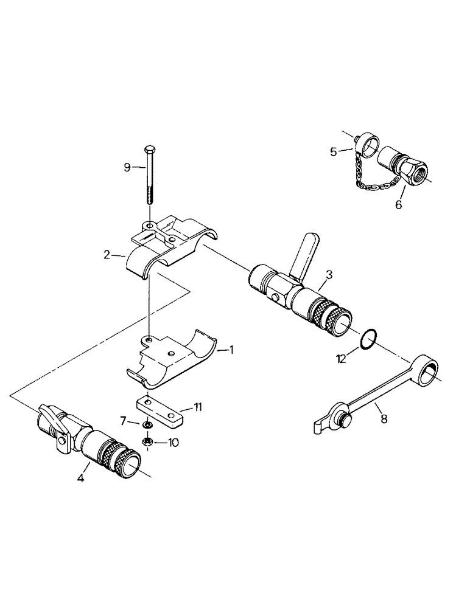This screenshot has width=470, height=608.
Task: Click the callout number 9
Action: [127, 167]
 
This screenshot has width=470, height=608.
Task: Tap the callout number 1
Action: [231, 350]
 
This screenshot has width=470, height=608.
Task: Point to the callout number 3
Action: [328, 274]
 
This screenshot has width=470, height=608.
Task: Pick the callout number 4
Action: [333, 151]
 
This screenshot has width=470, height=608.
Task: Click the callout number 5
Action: [399, 205]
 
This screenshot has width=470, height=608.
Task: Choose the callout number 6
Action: [124, 421]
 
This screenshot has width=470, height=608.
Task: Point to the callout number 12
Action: [340, 359]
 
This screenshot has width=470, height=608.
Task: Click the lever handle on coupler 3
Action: [303, 255]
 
